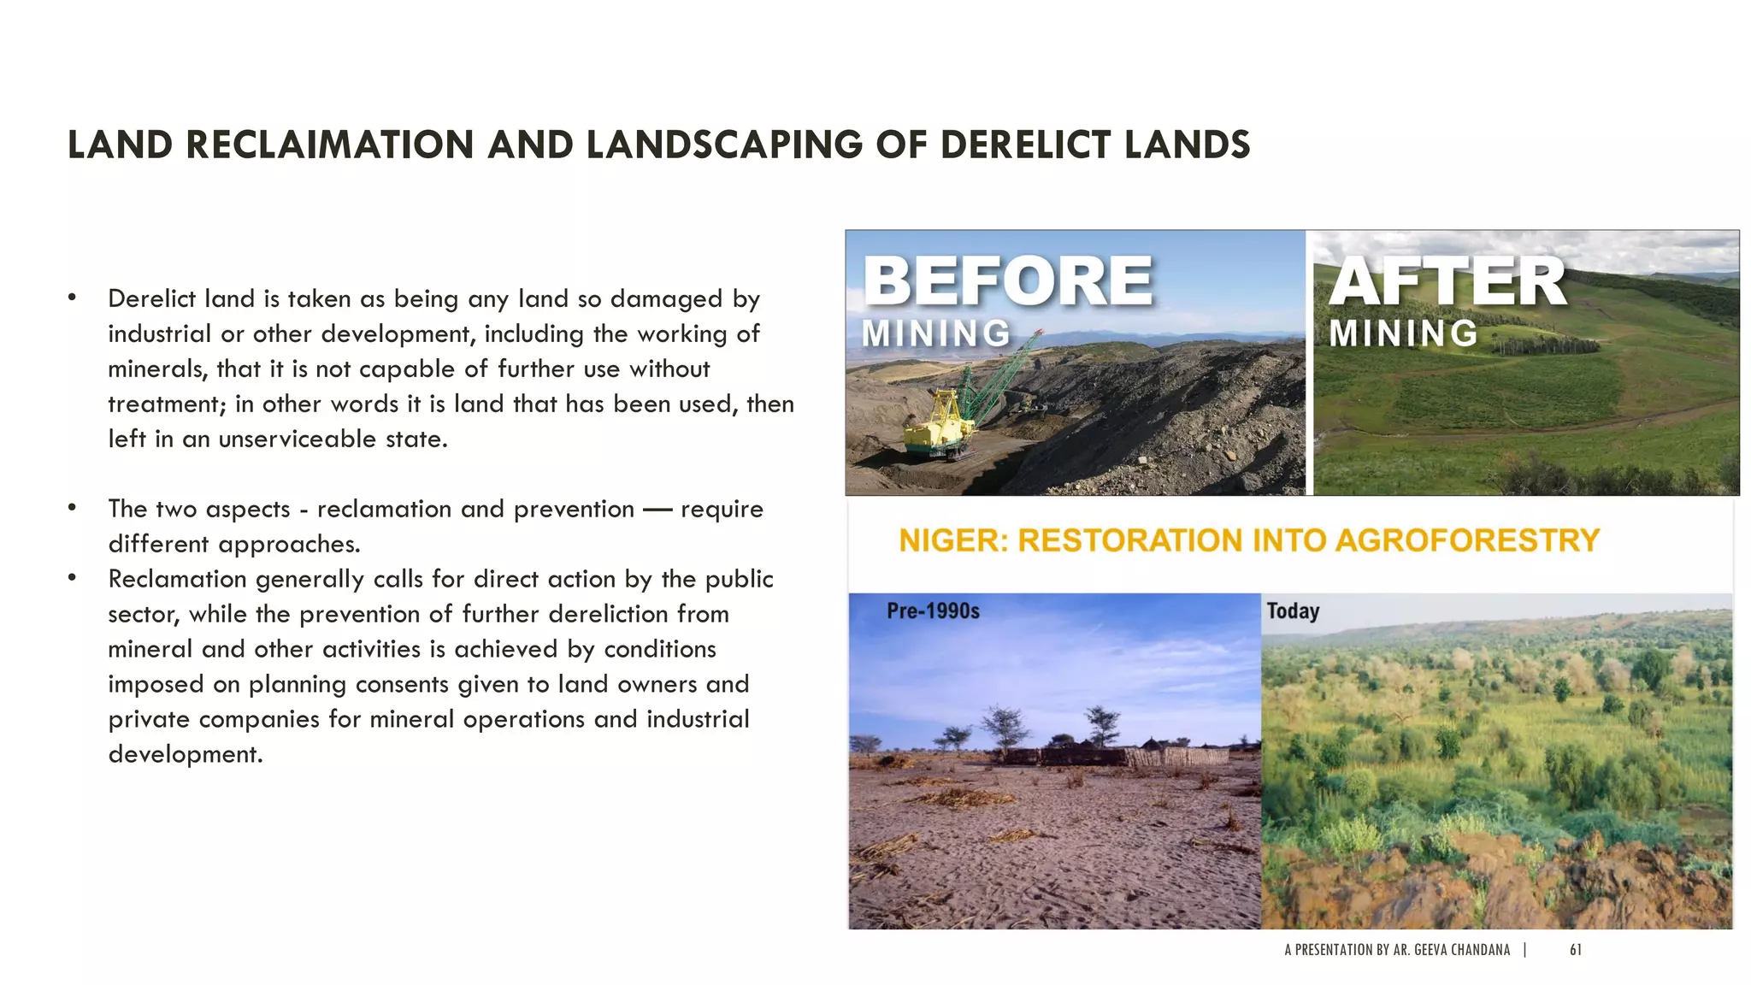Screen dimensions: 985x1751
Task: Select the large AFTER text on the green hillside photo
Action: pyautogui.click(x=1447, y=281)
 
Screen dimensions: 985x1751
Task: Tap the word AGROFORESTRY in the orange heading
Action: pyautogui.click(x=1466, y=540)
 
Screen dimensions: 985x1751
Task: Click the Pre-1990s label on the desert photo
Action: pyautogui.click(x=933, y=611)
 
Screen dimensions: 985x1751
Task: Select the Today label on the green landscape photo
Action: pyautogui.click(x=1293, y=611)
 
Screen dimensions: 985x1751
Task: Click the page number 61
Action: pyautogui.click(x=1576, y=950)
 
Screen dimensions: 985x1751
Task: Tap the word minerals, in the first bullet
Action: pyautogui.click(x=158, y=369)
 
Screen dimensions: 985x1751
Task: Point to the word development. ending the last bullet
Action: pyautogui.click(x=185, y=755)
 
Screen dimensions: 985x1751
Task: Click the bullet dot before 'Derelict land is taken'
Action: pyautogui.click(x=73, y=298)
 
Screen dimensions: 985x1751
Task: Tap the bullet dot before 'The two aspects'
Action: pyautogui.click(x=73, y=508)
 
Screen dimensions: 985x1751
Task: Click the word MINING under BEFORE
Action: pyautogui.click(x=935, y=333)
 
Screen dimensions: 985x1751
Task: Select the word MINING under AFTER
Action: pyautogui.click(x=1403, y=333)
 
